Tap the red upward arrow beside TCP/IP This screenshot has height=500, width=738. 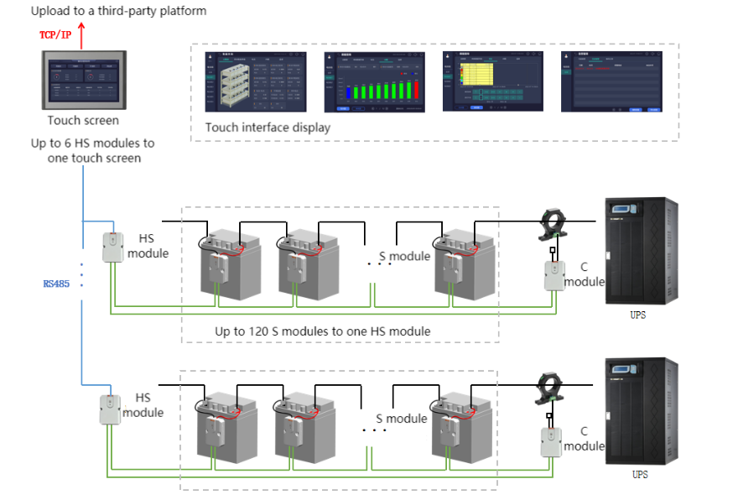tap(81, 34)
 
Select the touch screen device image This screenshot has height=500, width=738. tap(81, 80)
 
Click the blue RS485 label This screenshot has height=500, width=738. tap(57, 284)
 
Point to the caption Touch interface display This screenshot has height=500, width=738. tap(268, 128)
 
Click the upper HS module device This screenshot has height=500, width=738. tap(113, 247)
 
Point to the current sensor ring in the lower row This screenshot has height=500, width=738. tap(551, 388)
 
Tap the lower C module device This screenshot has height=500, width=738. tap(551, 441)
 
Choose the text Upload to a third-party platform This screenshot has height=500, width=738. tap(118, 11)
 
